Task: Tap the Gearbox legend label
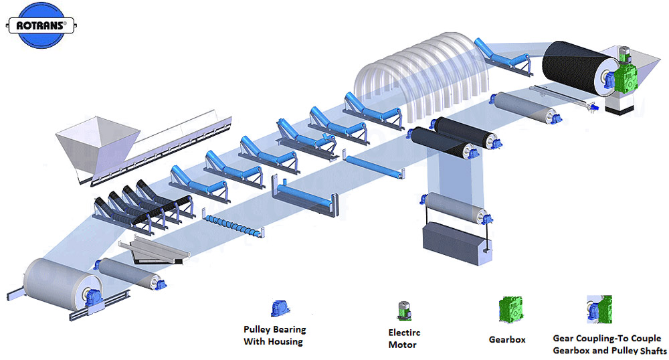[507, 339]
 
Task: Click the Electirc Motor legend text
[405, 339]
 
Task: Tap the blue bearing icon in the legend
[276, 308]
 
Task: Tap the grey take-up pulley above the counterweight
[458, 208]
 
